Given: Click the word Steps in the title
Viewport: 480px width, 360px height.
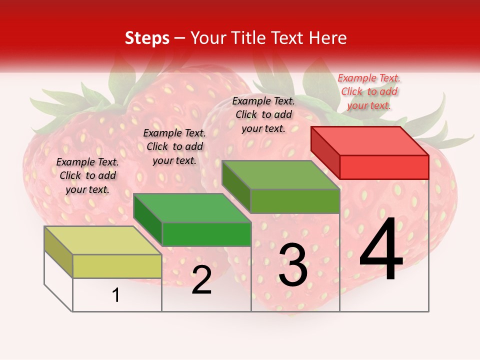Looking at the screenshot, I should (147, 38).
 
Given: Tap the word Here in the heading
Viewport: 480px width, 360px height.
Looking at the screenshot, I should (328, 38).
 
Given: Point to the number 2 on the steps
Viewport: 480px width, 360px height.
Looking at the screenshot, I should (201, 280).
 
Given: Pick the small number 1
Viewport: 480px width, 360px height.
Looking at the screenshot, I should (116, 295).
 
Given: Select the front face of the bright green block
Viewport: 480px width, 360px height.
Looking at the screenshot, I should (206, 234).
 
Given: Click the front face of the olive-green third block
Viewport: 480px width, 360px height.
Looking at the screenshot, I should (295, 201).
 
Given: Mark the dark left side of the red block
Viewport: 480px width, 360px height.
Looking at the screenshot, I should (325, 152).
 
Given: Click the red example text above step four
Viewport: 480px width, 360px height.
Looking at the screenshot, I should (369, 91).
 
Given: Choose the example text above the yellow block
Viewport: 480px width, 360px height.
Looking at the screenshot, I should (87, 175).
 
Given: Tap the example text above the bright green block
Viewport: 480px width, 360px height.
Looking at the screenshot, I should (174, 146).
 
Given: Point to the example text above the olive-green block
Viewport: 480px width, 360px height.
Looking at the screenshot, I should (263, 114).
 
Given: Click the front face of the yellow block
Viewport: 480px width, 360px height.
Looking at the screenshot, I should (117, 266).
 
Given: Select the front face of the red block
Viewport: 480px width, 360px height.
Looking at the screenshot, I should (384, 167).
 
